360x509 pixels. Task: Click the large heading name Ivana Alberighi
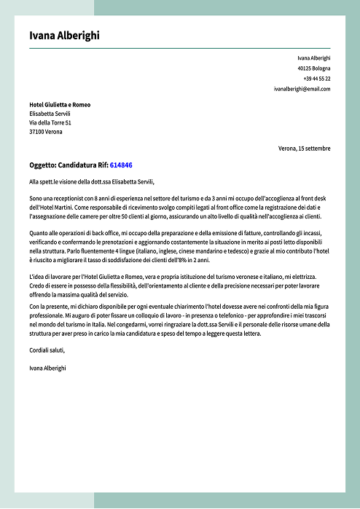coord(65,36)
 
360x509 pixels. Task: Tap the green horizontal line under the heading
coord(179,47)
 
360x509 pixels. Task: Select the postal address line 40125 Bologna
coord(313,68)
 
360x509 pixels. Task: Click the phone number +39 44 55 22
coord(316,78)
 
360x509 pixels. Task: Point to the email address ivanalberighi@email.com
coord(302,89)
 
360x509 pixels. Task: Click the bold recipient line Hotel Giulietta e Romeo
coord(60,104)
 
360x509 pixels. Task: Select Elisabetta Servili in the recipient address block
coord(50,114)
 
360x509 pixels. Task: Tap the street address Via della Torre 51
coord(50,123)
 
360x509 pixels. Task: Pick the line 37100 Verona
coord(46,132)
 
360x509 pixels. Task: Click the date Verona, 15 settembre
coord(304,149)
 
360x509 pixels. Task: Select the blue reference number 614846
coord(121,165)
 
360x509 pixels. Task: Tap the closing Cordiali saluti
coord(47,350)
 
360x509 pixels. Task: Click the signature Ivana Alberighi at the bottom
coord(48,368)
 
